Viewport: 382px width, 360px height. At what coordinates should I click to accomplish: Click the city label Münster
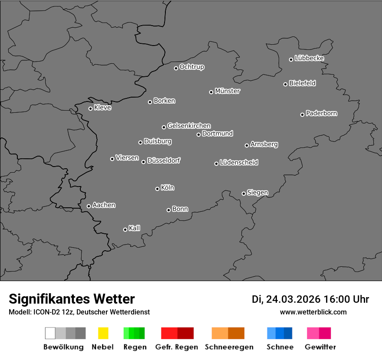pyautogui.click(x=227, y=91)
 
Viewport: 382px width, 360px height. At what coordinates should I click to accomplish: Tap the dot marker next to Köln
pyautogui.click(x=157, y=189)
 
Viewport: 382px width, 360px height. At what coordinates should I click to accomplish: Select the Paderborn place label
pyautogui.click(x=322, y=113)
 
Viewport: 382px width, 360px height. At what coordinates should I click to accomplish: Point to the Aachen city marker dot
pyautogui.click(x=89, y=206)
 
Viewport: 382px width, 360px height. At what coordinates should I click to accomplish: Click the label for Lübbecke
pyautogui.click(x=310, y=58)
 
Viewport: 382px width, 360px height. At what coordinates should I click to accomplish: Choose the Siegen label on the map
pyautogui.click(x=258, y=193)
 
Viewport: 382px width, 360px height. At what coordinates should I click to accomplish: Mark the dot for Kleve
pyautogui.click(x=90, y=108)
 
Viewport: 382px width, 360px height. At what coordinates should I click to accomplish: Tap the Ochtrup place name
pyautogui.click(x=192, y=67)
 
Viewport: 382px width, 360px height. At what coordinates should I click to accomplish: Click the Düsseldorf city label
pyautogui.click(x=164, y=160)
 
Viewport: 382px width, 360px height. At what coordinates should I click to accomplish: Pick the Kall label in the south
pyautogui.click(x=135, y=228)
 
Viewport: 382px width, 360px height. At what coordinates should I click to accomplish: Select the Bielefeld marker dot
pyautogui.click(x=285, y=84)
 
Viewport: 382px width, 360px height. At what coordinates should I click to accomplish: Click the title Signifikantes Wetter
pyautogui.click(x=72, y=299)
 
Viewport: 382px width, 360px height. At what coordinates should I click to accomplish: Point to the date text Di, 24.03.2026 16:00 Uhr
pyautogui.click(x=310, y=299)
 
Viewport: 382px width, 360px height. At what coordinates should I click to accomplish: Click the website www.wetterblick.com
pyautogui.click(x=313, y=312)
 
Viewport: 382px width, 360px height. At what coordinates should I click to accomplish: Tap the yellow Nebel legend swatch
pyautogui.click(x=103, y=333)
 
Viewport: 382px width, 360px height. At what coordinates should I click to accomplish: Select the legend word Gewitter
pyautogui.click(x=320, y=347)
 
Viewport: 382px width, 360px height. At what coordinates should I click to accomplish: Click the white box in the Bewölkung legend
pyautogui.click(x=50, y=333)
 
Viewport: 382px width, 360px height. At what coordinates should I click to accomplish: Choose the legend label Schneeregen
pyautogui.click(x=229, y=347)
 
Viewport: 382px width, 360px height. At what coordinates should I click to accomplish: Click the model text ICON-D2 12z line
pyautogui.click(x=79, y=312)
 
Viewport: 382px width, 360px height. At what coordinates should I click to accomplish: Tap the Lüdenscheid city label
pyautogui.click(x=239, y=163)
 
